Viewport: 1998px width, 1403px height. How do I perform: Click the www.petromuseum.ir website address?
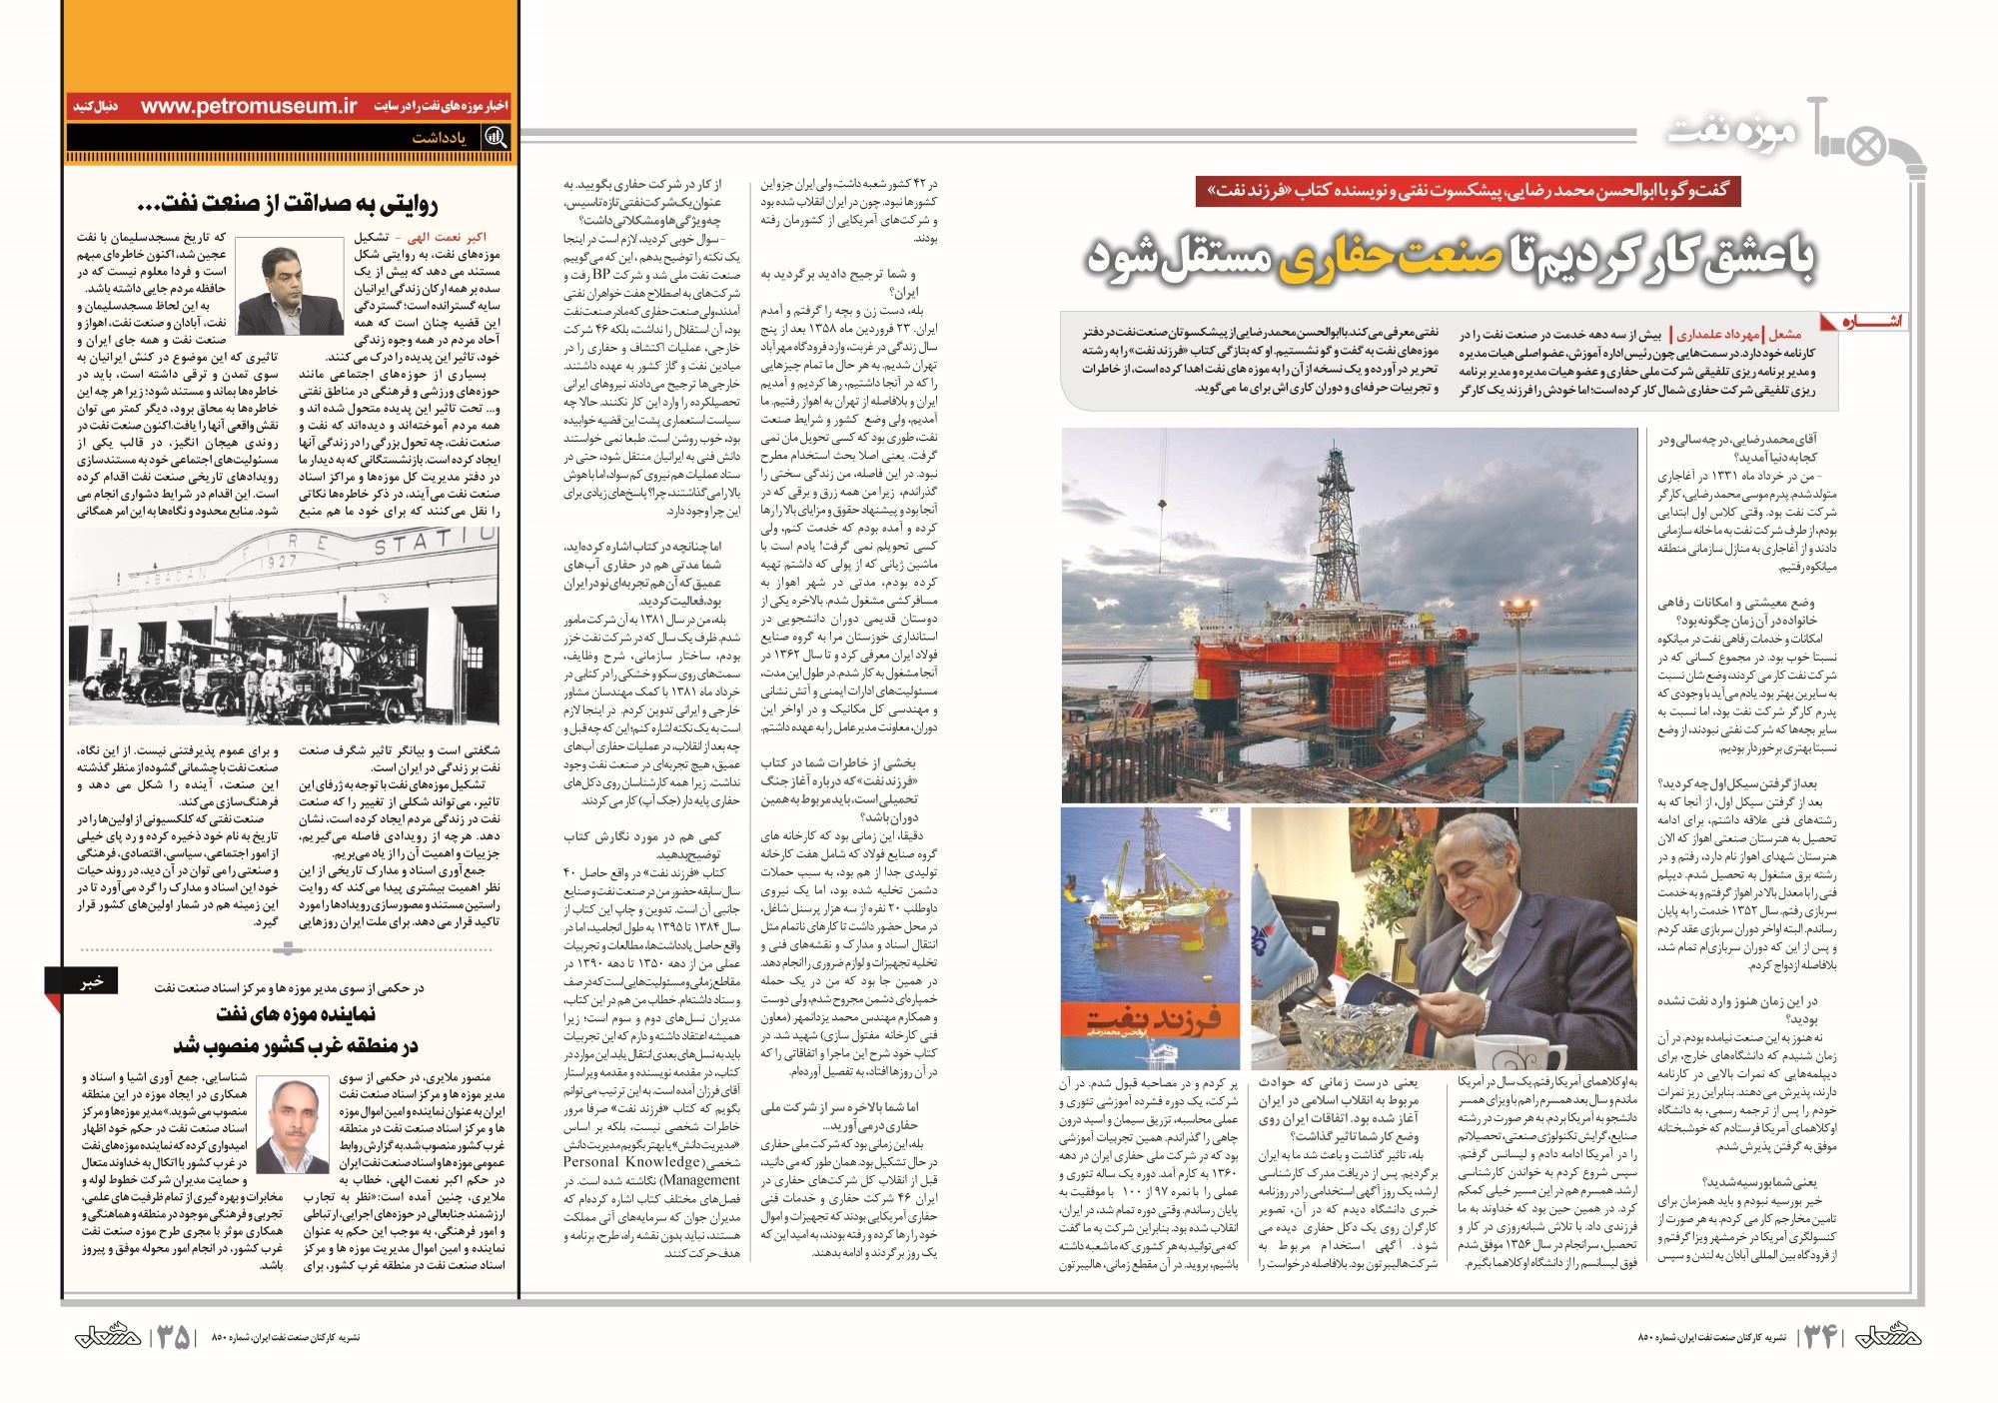click(x=249, y=106)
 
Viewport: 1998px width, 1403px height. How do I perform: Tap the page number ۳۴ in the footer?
click(x=1819, y=1337)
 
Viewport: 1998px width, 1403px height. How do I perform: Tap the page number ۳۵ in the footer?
click(x=175, y=1338)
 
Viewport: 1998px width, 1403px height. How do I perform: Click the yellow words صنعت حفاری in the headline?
click(x=1385, y=259)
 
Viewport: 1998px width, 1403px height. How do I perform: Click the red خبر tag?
click(x=92, y=982)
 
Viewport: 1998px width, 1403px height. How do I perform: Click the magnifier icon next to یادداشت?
click(x=495, y=138)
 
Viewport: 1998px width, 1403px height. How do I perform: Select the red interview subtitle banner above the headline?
click(x=1468, y=191)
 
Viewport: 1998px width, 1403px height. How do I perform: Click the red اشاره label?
click(x=1870, y=322)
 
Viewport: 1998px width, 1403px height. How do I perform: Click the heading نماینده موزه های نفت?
click(x=296, y=1013)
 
